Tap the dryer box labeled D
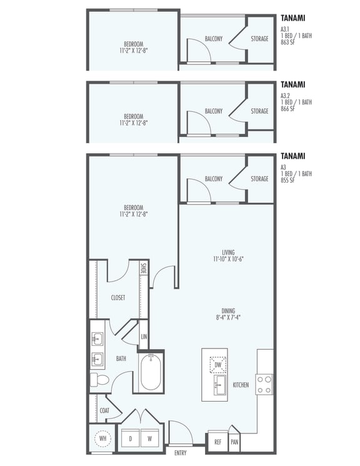click(x=130, y=438)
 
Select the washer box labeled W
click(x=151, y=438)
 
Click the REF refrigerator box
click(x=217, y=442)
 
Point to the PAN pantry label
click(x=234, y=442)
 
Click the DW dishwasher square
click(x=218, y=364)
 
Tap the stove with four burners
click(x=264, y=383)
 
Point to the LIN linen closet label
click(x=144, y=336)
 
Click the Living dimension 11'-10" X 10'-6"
click(x=227, y=258)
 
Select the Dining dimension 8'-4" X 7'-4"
click(x=227, y=317)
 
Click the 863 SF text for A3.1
click(x=287, y=42)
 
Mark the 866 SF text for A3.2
click(x=287, y=108)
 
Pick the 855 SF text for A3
click(x=287, y=180)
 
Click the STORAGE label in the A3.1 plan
click(x=259, y=39)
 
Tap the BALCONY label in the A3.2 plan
click(x=213, y=111)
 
